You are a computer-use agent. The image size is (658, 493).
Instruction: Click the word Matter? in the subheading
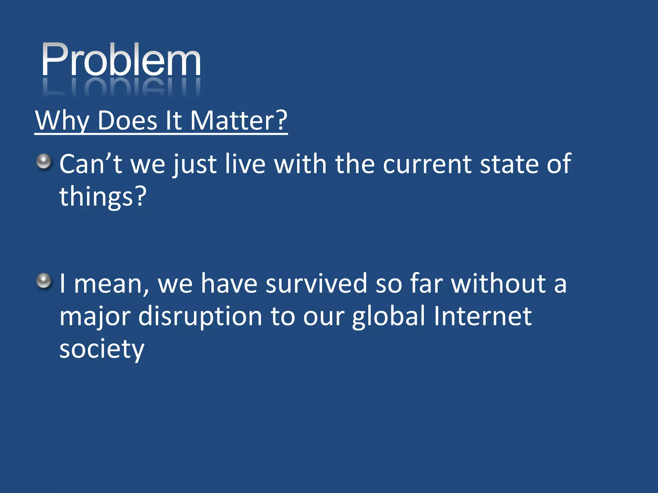coord(238,121)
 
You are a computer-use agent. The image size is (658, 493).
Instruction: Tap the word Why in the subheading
coord(62,121)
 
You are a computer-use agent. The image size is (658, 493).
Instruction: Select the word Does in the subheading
coord(127,121)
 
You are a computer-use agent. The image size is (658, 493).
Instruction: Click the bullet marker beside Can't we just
coord(44,161)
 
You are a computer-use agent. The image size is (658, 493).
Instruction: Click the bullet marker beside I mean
coord(44,281)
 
